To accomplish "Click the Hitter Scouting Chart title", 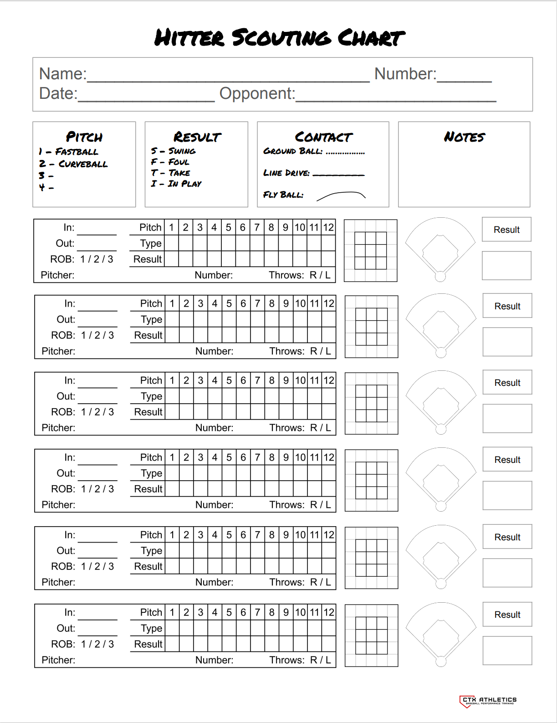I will (x=279, y=38).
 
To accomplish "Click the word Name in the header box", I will (x=62, y=74).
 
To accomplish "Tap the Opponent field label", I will (x=257, y=93).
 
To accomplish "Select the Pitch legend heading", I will (x=84, y=137).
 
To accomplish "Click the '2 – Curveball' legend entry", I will (x=73, y=164).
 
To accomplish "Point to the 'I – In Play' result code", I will (x=176, y=184).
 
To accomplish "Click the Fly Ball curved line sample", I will (x=341, y=196).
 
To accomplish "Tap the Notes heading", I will (x=464, y=137).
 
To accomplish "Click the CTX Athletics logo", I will (x=488, y=701).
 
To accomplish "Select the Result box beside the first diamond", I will (x=506, y=230).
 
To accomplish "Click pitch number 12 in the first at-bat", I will (x=328, y=227).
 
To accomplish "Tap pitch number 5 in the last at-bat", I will (x=229, y=612).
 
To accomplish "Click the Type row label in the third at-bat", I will (x=151, y=396).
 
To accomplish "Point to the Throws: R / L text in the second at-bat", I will (x=300, y=351).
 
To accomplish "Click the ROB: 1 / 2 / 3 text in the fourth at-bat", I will (x=82, y=489).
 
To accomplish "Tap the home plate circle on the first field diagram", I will (x=440, y=276).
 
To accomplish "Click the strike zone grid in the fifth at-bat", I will (x=371, y=558).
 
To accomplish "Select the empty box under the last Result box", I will (x=507, y=651).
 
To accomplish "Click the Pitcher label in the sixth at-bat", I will (x=58, y=660).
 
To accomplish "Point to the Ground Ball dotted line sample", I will (x=345, y=153).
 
